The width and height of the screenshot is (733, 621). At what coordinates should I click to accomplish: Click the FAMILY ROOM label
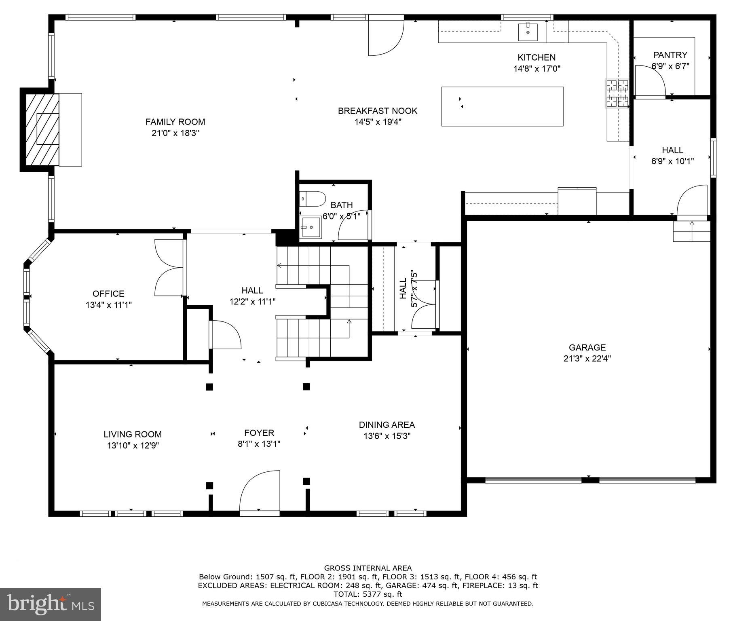click(x=175, y=122)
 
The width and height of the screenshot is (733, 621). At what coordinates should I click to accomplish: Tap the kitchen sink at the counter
click(x=528, y=32)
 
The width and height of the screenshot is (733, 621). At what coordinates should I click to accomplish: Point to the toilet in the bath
click(x=314, y=199)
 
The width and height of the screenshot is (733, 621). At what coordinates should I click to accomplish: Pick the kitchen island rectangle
click(x=502, y=106)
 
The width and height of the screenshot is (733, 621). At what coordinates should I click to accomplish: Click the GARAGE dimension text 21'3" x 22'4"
click(x=587, y=358)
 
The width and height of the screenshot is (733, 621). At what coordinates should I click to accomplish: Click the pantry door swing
click(x=650, y=81)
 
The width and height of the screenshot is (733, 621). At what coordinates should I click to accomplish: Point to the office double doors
click(x=169, y=268)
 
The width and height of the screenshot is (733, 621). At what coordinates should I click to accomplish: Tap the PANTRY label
click(x=670, y=55)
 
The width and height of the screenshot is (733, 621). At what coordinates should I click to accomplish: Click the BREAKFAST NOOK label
click(x=378, y=111)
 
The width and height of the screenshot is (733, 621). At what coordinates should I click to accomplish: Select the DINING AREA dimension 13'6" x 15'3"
click(x=387, y=436)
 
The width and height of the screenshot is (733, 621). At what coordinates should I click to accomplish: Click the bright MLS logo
click(x=51, y=604)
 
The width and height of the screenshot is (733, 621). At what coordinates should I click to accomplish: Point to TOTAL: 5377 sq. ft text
click(x=368, y=594)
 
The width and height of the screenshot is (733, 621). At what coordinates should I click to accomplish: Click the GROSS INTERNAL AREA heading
click(x=368, y=568)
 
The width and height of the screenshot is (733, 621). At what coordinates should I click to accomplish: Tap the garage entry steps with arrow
click(x=691, y=231)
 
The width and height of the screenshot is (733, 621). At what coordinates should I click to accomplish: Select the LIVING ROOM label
click(x=133, y=434)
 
